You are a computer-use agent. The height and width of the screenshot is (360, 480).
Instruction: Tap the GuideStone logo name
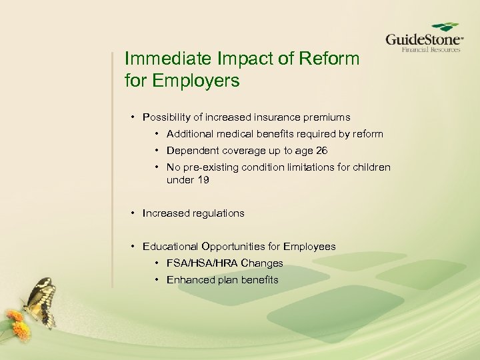pos(423,39)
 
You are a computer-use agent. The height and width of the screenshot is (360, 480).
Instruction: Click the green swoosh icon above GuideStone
pos(445,27)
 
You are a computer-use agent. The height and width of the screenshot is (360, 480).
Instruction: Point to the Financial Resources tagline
pos(430,49)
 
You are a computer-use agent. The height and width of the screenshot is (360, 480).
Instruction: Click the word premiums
pos(327,117)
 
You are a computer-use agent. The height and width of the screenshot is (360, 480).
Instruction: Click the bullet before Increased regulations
pos(133,213)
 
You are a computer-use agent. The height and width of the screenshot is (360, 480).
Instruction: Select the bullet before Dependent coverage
pos(157,151)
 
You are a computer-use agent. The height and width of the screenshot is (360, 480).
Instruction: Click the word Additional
pos(190,134)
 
